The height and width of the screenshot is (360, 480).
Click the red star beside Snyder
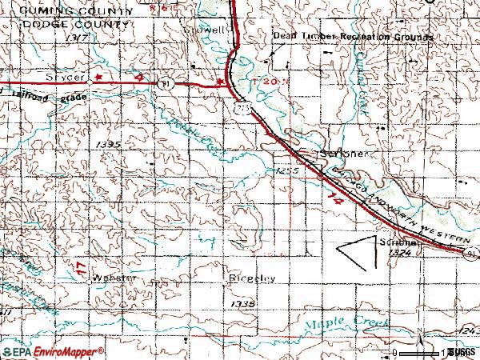point(98,78)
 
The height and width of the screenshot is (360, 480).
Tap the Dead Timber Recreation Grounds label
point(353,37)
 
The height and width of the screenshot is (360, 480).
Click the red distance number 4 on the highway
point(138,78)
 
